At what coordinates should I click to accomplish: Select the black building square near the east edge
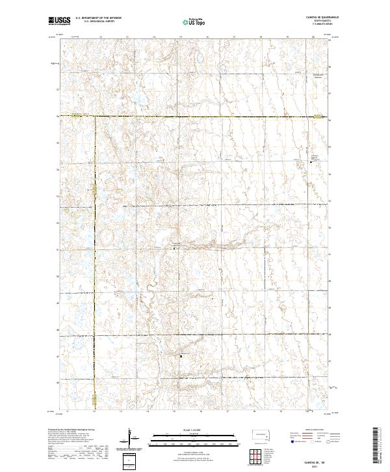(311, 163)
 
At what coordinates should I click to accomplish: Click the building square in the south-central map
(181, 356)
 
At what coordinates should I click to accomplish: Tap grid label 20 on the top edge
(313, 38)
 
